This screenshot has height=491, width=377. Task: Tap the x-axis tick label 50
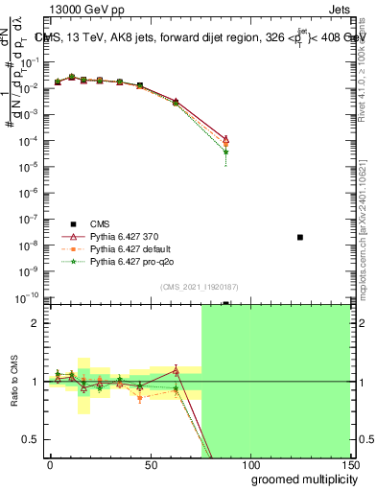coord(151,464)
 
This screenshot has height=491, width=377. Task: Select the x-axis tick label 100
coord(250,464)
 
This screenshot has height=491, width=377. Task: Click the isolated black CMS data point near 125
coord(300,237)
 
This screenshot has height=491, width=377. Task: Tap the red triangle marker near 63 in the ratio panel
coord(176,370)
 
